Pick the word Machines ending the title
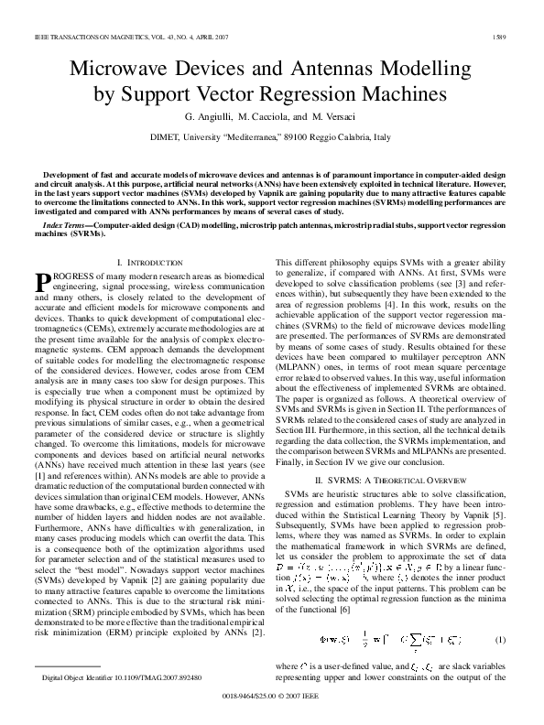click(x=404, y=94)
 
